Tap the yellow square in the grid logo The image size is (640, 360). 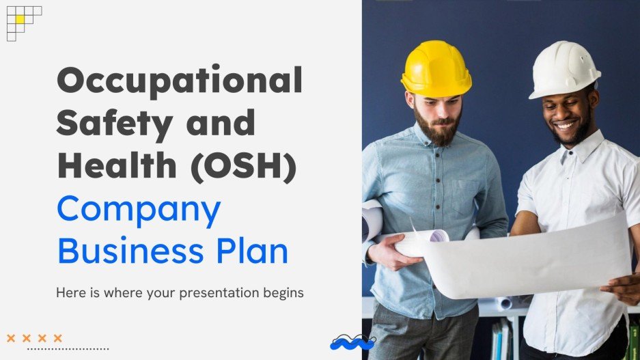tap(20, 20)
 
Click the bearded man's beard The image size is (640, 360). tap(438, 132)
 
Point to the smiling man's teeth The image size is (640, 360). tap(565, 126)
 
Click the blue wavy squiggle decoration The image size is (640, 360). tap(352, 342)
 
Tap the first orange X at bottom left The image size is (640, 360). tap(11, 337)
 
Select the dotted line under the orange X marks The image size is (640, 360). tap(68, 349)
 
